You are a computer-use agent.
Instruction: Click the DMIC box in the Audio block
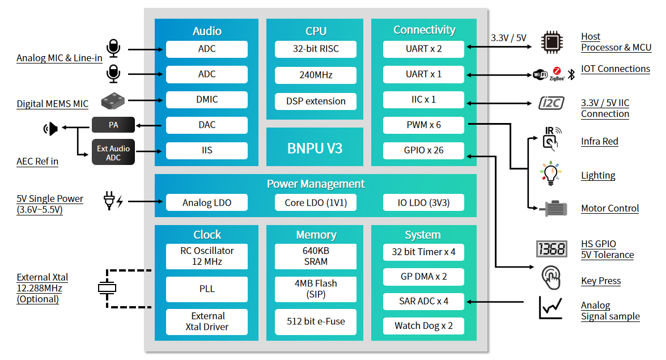point(207,99)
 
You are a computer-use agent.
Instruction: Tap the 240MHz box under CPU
point(316,74)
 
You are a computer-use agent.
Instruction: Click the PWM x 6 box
point(423,125)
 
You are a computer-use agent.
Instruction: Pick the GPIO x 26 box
point(423,150)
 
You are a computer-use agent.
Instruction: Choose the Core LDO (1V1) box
point(316,202)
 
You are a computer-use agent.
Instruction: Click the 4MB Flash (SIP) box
point(316,289)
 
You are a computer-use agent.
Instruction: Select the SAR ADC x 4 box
point(423,301)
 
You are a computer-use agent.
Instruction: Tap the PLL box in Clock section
point(207,289)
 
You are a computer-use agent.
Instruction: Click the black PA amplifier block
point(113,125)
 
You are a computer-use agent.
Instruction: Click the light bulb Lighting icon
point(550,174)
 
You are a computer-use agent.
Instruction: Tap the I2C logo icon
point(550,103)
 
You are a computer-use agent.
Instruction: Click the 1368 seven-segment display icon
point(550,249)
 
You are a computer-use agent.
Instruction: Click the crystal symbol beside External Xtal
point(107,288)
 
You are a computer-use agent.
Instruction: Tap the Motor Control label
point(610,208)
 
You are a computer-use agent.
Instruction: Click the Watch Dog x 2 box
point(423,325)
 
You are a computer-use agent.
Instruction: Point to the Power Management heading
point(316,184)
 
